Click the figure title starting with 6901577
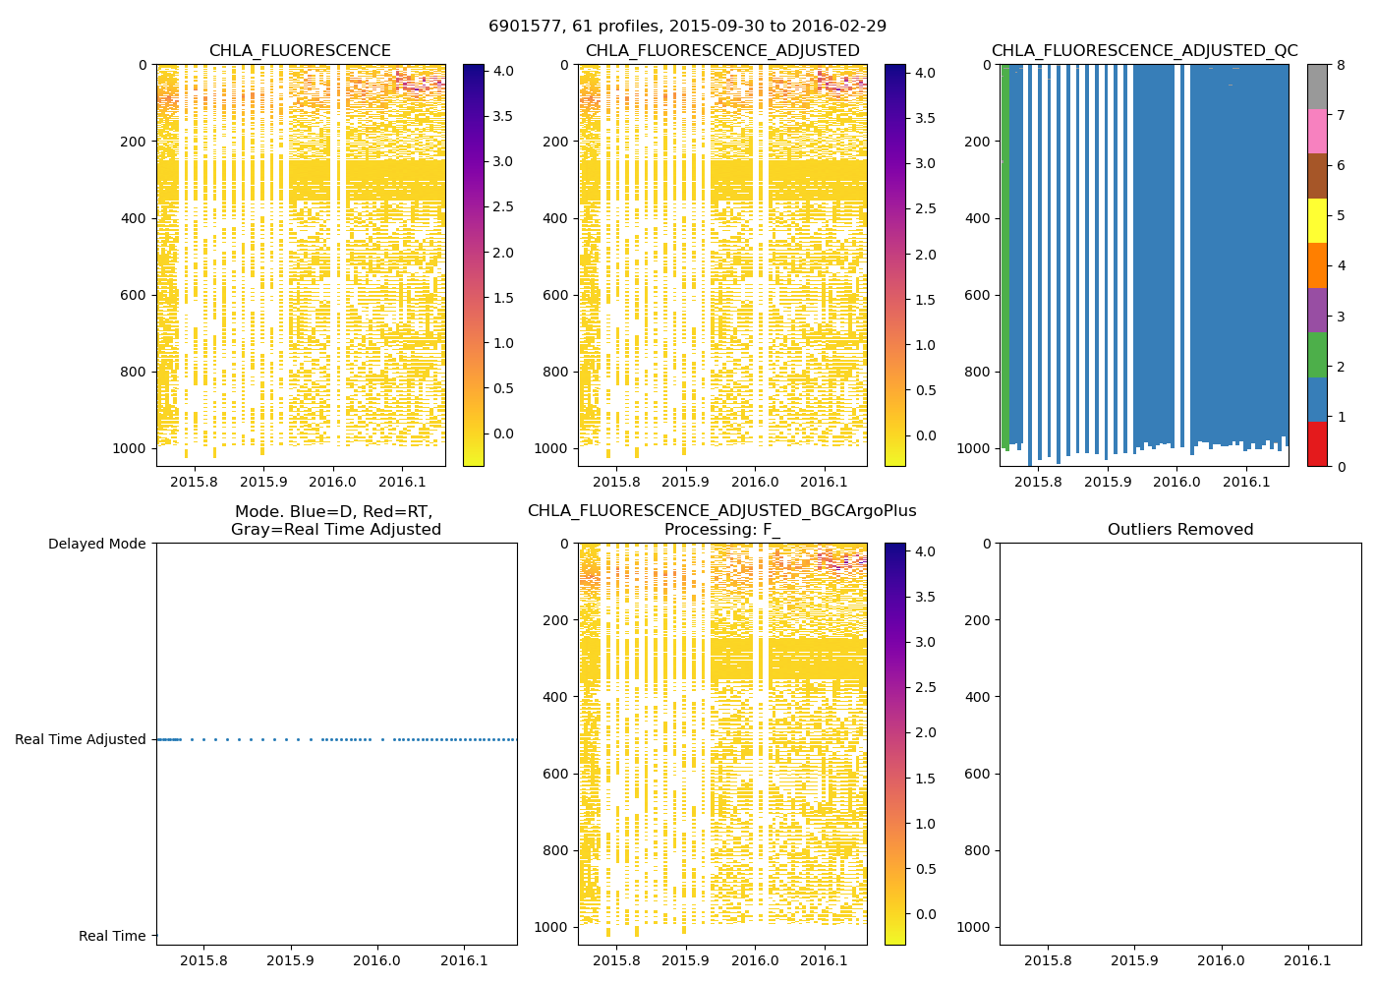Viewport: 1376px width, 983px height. point(687,27)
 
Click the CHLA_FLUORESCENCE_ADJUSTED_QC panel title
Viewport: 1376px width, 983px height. point(1144,51)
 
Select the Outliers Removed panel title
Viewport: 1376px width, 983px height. point(1180,530)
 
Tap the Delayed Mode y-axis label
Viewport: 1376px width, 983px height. point(96,544)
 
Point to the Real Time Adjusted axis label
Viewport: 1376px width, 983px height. point(81,739)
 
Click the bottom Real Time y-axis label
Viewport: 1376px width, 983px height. point(112,936)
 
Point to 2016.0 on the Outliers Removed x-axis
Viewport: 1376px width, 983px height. point(1222,960)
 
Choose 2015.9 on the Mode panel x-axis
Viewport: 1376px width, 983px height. point(291,960)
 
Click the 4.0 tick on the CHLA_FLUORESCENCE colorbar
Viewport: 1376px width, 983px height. point(502,72)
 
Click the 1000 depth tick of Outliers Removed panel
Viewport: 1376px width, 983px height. point(973,927)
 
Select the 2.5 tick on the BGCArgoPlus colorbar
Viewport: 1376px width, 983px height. point(925,687)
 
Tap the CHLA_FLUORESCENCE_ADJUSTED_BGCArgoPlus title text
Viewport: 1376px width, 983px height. point(721,511)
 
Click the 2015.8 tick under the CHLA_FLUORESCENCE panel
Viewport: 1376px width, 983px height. point(194,482)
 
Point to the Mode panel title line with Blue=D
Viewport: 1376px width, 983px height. point(334,511)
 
